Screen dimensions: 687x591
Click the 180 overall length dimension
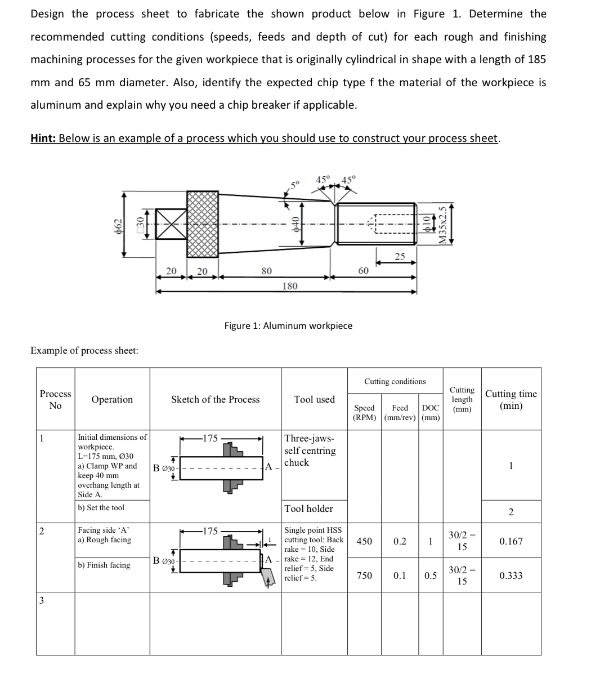(x=289, y=285)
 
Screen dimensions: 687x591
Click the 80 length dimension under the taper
(x=266, y=271)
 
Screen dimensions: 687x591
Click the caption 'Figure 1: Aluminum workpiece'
(x=288, y=325)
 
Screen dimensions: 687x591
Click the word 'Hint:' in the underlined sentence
(x=43, y=138)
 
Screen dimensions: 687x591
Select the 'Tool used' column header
(x=314, y=399)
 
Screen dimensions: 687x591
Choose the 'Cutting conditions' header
(x=395, y=381)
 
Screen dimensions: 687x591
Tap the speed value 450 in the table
(x=364, y=541)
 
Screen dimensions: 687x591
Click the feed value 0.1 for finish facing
(x=400, y=576)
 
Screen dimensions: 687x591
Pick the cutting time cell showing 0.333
(x=511, y=576)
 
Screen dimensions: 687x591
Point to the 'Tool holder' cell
(x=308, y=508)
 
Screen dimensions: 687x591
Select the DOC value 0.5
(x=429, y=576)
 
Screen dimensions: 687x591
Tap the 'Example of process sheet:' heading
(x=84, y=350)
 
